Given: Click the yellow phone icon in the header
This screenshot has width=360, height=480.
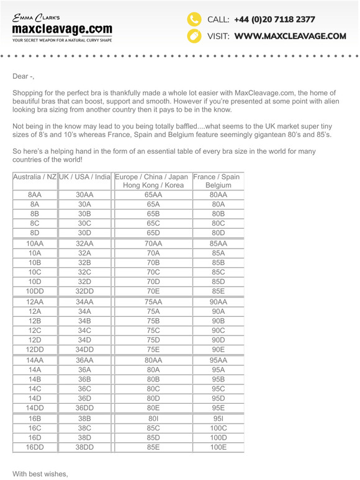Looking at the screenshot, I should [x=195, y=19].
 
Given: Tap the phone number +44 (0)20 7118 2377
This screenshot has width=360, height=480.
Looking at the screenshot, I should [x=275, y=19].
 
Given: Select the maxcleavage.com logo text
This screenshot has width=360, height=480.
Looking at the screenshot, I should [x=62, y=29].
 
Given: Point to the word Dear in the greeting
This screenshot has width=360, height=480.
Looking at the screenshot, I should [x=22, y=76].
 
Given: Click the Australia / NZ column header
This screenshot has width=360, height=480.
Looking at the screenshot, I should [x=35, y=177].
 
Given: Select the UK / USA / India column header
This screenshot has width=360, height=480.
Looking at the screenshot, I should [x=84, y=177].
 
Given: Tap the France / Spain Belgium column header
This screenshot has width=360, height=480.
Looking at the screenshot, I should [x=218, y=180].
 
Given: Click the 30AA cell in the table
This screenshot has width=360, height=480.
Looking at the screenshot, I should [x=84, y=195].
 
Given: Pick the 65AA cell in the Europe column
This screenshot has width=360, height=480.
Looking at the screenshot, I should [x=153, y=195].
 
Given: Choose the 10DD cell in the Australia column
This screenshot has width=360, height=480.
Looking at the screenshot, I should [x=35, y=290].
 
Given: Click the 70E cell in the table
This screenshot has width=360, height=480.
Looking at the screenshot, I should [x=153, y=290].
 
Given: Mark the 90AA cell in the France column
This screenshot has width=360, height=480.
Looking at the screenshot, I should [x=218, y=302].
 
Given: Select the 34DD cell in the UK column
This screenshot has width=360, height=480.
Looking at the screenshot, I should [x=84, y=349].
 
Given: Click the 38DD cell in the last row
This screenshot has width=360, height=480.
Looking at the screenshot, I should [x=84, y=447].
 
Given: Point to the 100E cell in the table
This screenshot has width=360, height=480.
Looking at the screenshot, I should [x=218, y=447].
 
